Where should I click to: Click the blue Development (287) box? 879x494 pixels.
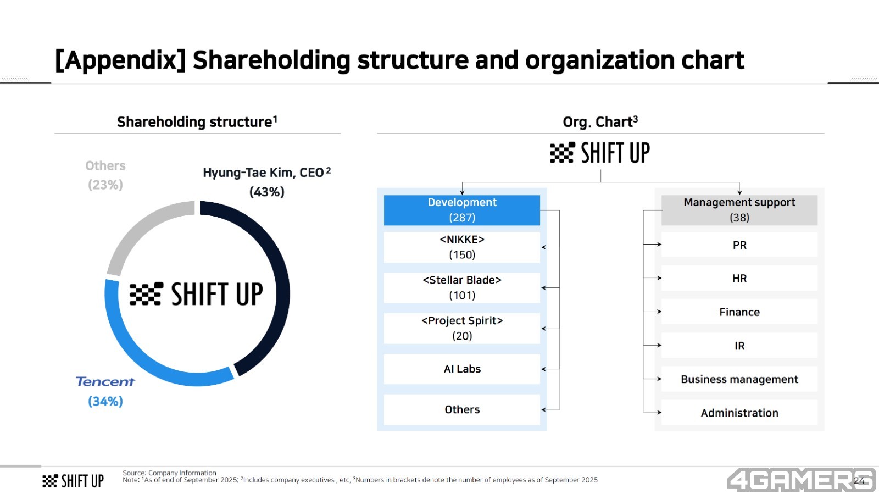point(462,210)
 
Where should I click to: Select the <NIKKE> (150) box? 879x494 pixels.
point(462,247)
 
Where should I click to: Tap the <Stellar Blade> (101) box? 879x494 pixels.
point(462,287)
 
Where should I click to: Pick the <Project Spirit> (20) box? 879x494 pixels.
point(462,329)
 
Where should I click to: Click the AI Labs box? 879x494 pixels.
point(462,369)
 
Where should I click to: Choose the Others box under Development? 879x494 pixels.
point(462,409)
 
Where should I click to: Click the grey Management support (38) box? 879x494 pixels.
point(739,210)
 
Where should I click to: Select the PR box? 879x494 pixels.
point(739,245)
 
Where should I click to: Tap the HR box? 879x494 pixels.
point(739,278)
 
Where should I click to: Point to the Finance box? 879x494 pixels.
point(739,312)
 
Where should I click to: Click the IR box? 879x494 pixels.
point(739,345)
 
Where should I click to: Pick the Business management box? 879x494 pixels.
point(739,379)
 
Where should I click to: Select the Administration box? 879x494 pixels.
point(739,413)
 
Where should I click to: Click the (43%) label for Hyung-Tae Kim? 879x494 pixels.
point(267,192)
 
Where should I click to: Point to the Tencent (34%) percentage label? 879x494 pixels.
point(105,401)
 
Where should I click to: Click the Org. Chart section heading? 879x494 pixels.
point(600,121)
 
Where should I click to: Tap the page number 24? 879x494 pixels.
point(859,481)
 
